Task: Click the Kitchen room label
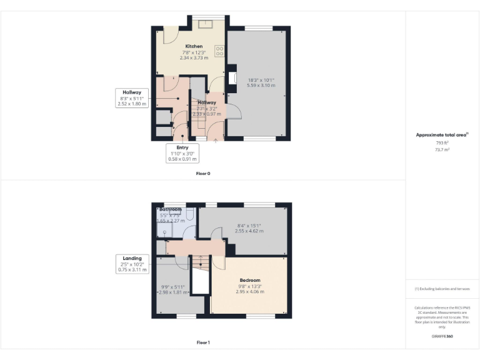click(x=193, y=47)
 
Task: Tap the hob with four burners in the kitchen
click(x=219, y=51)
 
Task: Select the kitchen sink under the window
click(x=204, y=24)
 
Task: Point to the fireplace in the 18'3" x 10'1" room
click(x=232, y=78)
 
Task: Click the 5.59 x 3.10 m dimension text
click(x=261, y=86)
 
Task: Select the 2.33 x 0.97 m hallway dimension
click(x=206, y=114)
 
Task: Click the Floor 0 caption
click(x=202, y=173)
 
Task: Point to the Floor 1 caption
click(x=202, y=342)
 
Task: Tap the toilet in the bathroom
click(x=191, y=215)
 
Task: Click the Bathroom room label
click(x=170, y=209)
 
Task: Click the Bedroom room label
click(x=249, y=280)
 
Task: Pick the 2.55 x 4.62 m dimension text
click(x=249, y=231)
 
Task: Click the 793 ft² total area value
click(x=442, y=143)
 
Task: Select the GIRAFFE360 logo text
click(x=442, y=336)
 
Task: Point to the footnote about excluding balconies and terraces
click(x=442, y=289)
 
